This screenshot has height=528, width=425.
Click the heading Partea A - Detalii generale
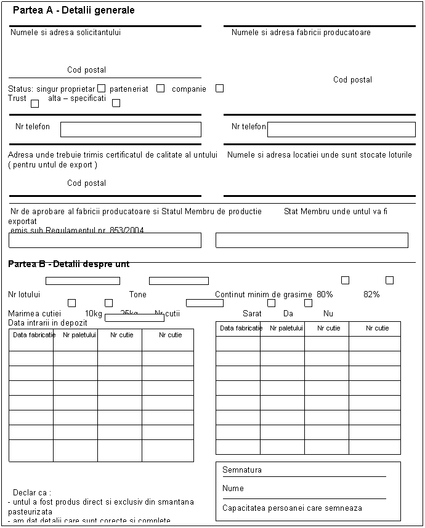pyautogui.click(x=78, y=10)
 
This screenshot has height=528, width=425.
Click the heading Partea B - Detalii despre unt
pyautogui.click(x=69, y=264)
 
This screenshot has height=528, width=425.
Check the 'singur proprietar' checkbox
pyautogui.click(x=101, y=89)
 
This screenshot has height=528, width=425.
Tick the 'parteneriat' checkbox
pyautogui.click(x=160, y=89)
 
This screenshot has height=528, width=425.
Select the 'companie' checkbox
pyautogui.click(x=219, y=89)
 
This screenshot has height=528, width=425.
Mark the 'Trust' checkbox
pyautogui.click(x=34, y=103)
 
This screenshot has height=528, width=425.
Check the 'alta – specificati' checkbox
pyautogui.click(x=116, y=103)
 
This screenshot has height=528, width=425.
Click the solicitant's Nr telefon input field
pyautogui.click(x=131, y=129)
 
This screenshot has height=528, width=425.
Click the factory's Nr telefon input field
pyautogui.click(x=341, y=129)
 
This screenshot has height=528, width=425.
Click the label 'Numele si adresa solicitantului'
pyautogui.click(x=65, y=32)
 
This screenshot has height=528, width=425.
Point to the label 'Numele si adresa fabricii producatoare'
pyautogui.click(x=301, y=32)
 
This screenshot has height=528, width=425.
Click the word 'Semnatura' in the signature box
pyautogui.click(x=242, y=470)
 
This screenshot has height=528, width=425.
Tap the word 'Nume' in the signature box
pyautogui.click(x=233, y=488)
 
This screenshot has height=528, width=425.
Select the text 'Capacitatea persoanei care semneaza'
pyautogui.click(x=292, y=508)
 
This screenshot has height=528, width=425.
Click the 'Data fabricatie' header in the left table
pyautogui.click(x=31, y=335)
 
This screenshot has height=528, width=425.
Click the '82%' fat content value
pyautogui.click(x=371, y=294)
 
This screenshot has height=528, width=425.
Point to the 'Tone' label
pyautogui.click(x=138, y=294)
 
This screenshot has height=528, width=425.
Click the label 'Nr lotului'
pyautogui.click(x=24, y=294)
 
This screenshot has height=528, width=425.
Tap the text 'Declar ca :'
pyautogui.click(x=31, y=492)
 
